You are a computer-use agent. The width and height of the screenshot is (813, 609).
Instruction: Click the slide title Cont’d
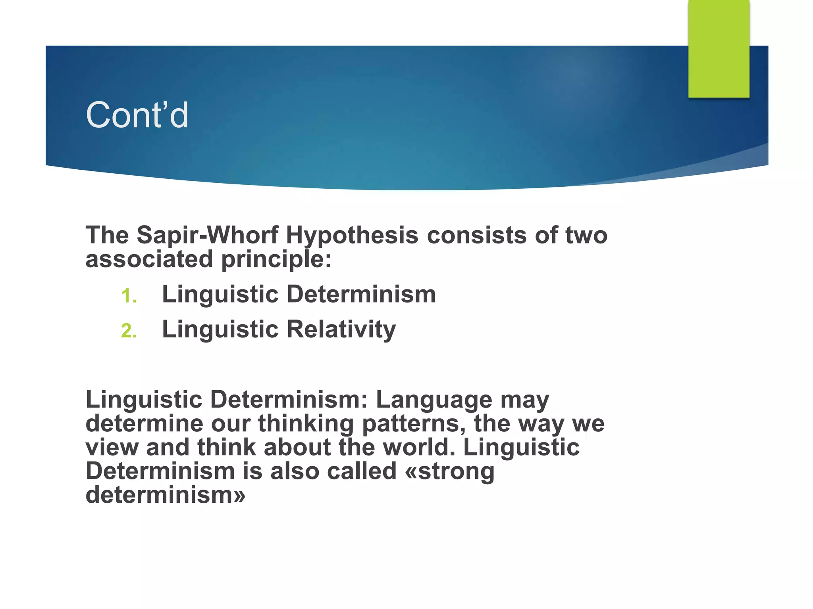coord(137,115)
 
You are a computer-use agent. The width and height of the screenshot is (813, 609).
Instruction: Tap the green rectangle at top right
coord(719,48)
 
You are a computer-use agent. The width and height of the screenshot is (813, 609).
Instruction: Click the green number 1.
coord(129,296)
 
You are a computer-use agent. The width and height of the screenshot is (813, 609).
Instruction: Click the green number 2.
coord(129,331)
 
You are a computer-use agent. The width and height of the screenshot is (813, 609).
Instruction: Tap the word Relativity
coord(341,329)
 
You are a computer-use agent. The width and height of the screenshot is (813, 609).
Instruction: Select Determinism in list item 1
coord(361,294)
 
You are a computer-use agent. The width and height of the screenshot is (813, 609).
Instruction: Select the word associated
coord(149,259)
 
